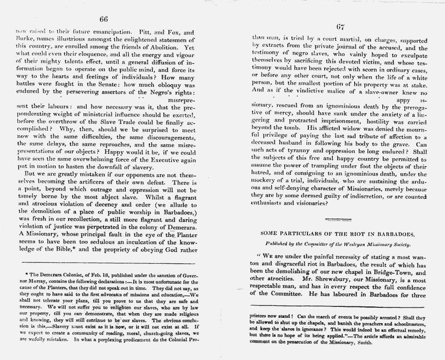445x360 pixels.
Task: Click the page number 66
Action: coord(104,19)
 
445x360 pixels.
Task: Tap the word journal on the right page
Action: coord(338,48)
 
